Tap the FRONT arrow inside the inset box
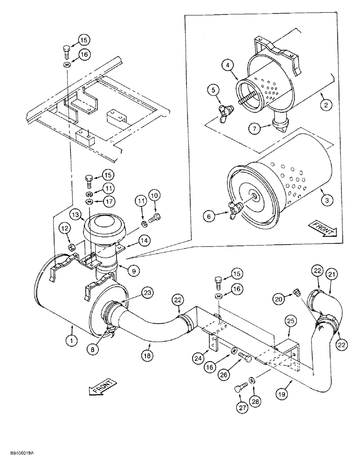click(x=322, y=229)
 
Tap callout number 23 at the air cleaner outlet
click(x=148, y=294)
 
